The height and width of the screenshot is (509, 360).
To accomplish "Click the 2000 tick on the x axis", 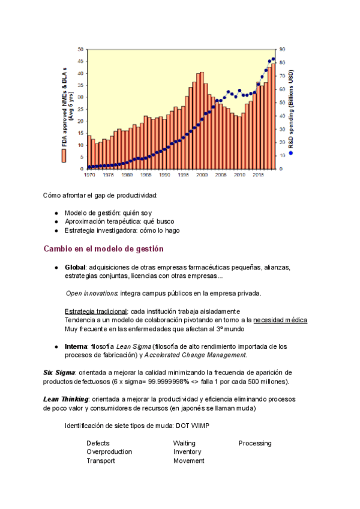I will (201, 175).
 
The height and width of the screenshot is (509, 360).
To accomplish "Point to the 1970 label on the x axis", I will (89, 175).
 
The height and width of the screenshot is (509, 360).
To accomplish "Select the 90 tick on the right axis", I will (281, 49).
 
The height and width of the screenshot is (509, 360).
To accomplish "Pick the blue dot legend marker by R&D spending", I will (291, 152).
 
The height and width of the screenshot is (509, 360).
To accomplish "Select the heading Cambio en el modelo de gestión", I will (104, 248).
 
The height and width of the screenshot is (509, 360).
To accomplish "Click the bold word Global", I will (75, 267).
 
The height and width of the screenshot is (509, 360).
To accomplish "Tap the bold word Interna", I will (76, 346).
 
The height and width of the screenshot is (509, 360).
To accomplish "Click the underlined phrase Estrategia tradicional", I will (96, 311).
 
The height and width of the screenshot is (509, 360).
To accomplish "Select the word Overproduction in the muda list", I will (109, 452).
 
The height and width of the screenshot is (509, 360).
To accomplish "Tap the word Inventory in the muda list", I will (187, 452).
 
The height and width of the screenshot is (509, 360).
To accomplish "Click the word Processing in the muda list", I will (255, 443).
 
